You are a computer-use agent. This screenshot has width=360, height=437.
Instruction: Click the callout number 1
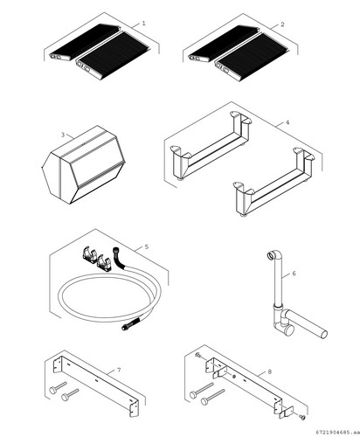[143, 24]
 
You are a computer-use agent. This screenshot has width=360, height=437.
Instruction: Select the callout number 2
[282, 24]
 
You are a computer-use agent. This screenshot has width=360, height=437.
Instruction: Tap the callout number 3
[63, 135]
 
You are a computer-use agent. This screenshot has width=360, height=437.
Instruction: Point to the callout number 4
[287, 122]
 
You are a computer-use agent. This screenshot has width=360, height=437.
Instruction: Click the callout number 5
[147, 246]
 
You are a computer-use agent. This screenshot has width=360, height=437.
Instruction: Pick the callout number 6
[294, 274]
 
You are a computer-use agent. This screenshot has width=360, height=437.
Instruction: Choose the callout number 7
[119, 370]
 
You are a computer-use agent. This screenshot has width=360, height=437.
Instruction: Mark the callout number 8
[270, 371]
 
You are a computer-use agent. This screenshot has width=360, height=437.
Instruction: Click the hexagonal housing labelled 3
[84, 165]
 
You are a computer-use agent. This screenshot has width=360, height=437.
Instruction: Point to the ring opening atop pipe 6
[271, 256]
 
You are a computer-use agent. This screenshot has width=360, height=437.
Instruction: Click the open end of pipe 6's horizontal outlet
[323, 334]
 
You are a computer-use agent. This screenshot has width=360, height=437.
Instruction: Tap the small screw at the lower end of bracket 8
[302, 418]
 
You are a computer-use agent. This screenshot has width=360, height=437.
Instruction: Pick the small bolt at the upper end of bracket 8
[199, 355]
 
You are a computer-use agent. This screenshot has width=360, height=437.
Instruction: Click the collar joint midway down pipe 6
[278, 307]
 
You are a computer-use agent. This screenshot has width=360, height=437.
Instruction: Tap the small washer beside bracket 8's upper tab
[234, 377]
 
